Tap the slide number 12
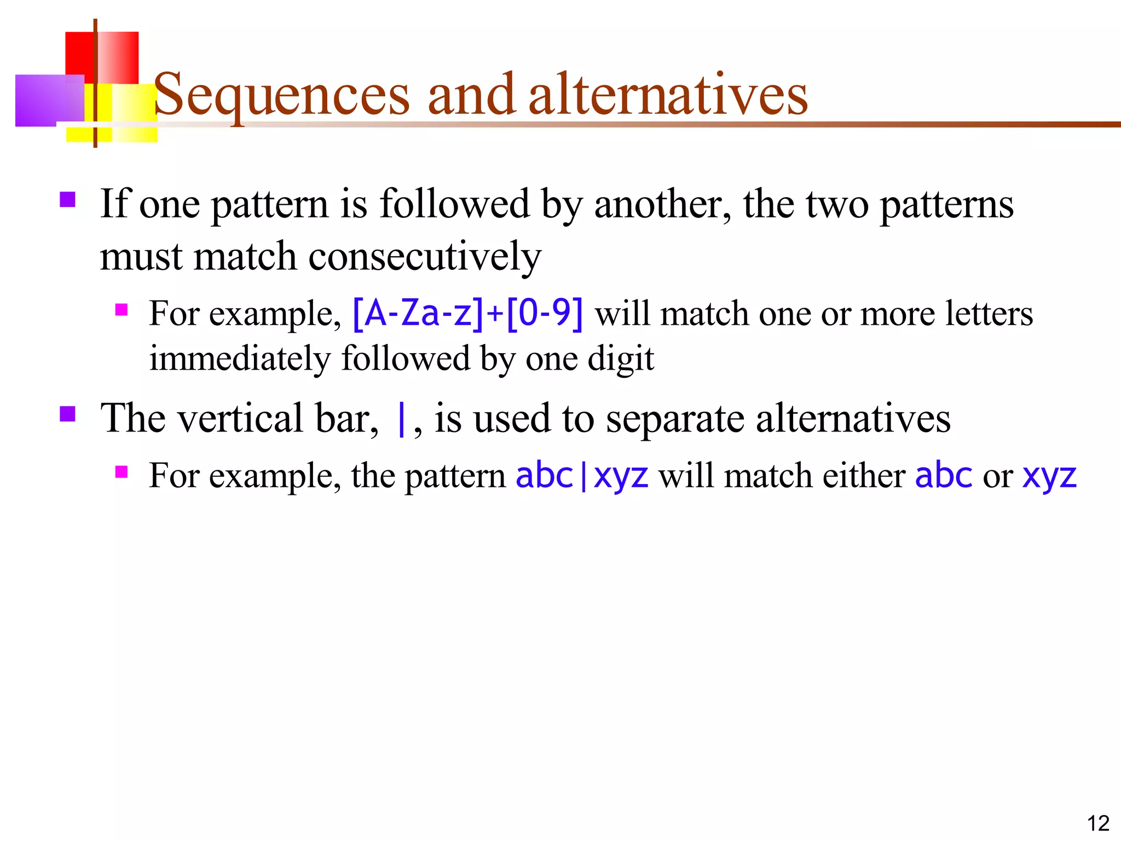(1097, 823)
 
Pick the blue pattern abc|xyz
(582, 475)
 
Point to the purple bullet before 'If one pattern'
(67, 199)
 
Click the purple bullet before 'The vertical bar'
(67, 414)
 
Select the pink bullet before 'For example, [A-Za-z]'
(122, 310)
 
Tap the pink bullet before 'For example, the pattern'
(122, 472)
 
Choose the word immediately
(240, 359)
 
